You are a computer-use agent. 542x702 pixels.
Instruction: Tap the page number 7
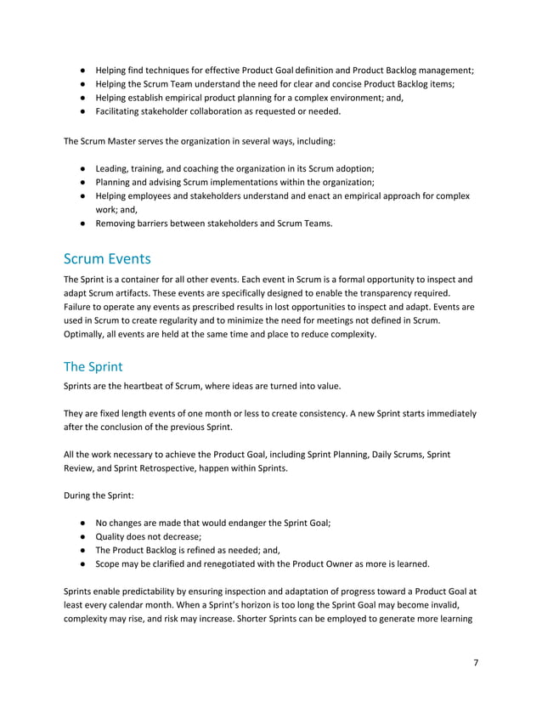pos(475,663)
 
